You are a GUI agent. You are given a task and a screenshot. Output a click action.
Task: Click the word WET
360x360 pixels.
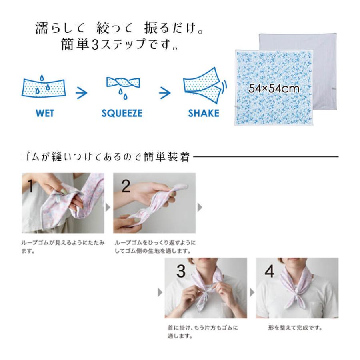coord(44,113)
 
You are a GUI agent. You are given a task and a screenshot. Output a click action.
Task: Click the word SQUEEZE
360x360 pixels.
coord(122,113)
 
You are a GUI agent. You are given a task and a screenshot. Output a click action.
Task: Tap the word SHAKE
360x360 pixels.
coord(204,113)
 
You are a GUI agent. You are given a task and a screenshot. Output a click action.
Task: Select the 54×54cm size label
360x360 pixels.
coord(274,88)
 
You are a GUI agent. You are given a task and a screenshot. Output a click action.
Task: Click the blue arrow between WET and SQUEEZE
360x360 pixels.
coord(82,93)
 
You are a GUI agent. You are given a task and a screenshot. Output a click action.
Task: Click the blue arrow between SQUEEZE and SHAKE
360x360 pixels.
coord(164,93)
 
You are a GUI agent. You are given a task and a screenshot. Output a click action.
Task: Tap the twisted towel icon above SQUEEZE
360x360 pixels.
coord(122,84)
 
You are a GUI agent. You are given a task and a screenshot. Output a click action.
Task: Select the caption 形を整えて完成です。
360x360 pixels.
coord(295,328)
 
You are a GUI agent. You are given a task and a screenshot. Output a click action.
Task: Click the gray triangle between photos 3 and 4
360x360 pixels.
coord(252,293)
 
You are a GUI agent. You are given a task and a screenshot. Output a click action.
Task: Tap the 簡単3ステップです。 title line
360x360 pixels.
coord(120,45)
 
